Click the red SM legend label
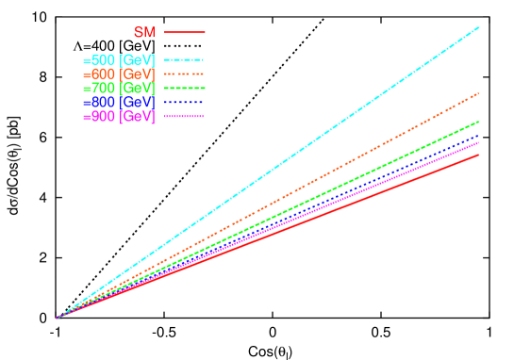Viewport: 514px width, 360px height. click(x=144, y=32)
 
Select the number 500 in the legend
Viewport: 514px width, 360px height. click(x=103, y=60)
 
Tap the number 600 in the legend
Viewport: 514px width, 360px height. click(x=103, y=74)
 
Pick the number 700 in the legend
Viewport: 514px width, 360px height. click(x=103, y=88)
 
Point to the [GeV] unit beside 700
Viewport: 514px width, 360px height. click(x=138, y=88)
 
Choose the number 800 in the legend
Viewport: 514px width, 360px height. click(x=103, y=102)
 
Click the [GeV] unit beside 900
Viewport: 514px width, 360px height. click(x=138, y=116)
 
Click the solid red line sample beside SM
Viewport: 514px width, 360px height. click(x=184, y=32)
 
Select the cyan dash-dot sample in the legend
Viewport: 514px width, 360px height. click(x=184, y=60)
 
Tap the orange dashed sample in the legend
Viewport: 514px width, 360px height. click(x=184, y=74)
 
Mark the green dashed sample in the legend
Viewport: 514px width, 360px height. click(x=184, y=88)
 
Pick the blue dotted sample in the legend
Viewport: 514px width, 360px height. click(x=184, y=102)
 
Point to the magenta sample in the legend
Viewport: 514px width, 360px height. click(x=184, y=116)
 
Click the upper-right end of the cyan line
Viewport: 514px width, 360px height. click(x=478, y=28)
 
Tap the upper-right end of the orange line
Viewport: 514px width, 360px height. click(x=478, y=93)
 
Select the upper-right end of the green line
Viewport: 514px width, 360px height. click(x=478, y=122)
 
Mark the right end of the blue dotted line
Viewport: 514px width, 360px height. click(x=478, y=136)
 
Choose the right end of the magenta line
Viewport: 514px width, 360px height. click(x=478, y=143)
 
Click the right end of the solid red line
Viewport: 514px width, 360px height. click(x=478, y=155)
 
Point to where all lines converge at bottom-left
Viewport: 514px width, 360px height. click(x=58, y=318)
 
